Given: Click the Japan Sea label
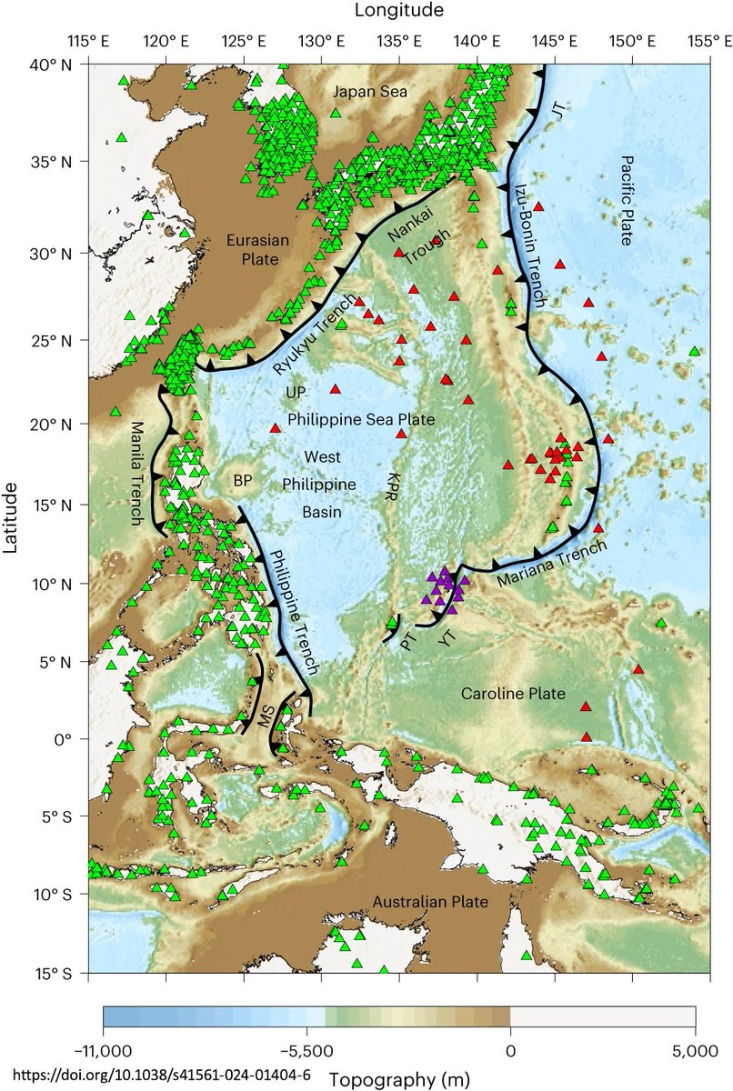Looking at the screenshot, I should pyautogui.click(x=370, y=91).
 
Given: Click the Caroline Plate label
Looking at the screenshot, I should pyautogui.click(x=513, y=694).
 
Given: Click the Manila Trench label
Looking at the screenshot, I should pyautogui.click(x=138, y=473).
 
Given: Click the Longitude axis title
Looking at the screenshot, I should pyautogui.click(x=399, y=11).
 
